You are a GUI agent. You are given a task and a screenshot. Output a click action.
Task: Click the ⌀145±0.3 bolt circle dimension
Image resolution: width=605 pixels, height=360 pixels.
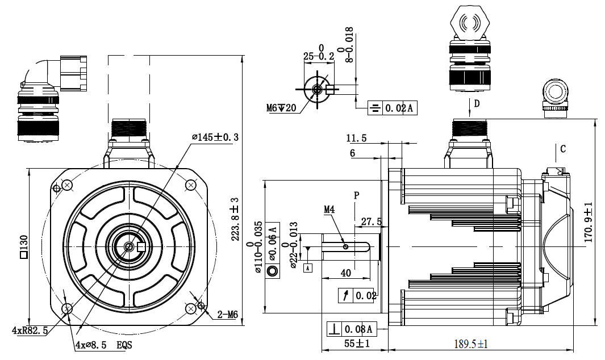[x=215, y=137]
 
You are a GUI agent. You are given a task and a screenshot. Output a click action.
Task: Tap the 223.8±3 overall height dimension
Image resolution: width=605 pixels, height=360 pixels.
[x=235, y=219]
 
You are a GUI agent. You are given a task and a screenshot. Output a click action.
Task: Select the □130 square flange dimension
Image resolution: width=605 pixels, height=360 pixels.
[x=23, y=247]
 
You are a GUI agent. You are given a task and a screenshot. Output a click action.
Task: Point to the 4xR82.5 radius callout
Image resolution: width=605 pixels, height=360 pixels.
[x=30, y=330]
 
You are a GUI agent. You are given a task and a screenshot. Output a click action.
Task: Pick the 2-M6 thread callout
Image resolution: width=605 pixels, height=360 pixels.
[x=227, y=314]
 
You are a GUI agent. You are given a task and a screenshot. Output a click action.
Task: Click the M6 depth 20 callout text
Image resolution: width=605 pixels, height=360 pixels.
[x=281, y=108]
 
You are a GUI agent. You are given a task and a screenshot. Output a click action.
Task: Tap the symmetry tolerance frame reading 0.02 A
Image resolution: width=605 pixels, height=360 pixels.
[x=392, y=108]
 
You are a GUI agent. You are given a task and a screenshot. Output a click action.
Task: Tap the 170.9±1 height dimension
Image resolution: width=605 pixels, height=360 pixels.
[x=589, y=222]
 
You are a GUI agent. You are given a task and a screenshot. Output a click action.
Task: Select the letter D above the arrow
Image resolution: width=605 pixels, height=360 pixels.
[x=477, y=103]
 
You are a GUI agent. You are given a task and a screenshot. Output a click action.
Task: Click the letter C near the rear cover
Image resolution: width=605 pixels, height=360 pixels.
[x=563, y=149]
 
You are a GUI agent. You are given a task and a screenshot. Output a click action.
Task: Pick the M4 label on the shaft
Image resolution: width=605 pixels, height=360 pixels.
[x=330, y=210]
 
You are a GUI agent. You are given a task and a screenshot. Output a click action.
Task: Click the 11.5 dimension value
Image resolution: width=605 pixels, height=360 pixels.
[x=356, y=138]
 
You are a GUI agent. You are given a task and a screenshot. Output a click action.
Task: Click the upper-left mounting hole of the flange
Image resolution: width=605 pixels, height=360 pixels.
[x=67, y=185]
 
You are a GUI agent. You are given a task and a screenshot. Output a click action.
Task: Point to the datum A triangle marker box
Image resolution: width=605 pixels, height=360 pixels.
[x=308, y=267]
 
